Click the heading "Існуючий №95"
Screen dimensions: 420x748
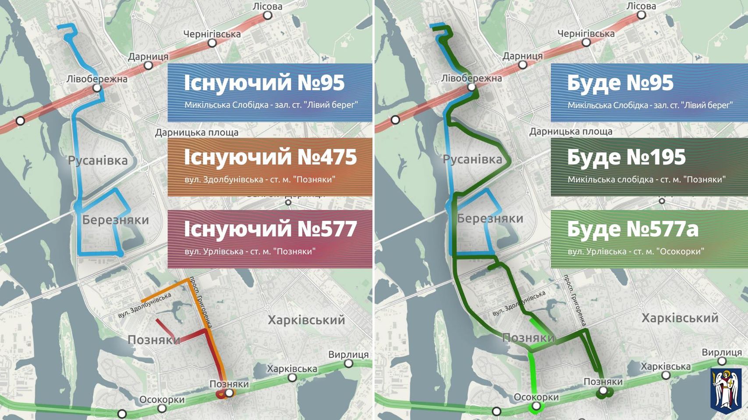264,83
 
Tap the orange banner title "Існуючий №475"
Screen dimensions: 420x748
270,157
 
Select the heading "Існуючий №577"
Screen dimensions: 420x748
270,229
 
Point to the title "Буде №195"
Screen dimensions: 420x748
626,157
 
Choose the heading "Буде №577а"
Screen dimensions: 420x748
632,229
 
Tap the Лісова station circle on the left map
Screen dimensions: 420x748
267,16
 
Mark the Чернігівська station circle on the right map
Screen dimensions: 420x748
586,42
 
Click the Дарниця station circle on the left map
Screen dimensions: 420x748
149,66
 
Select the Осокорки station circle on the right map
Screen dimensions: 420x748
536,406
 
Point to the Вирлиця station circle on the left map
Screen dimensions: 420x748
349,364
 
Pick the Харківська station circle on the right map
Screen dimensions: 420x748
666,375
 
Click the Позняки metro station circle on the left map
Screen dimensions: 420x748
229,393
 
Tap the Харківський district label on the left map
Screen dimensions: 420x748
306,320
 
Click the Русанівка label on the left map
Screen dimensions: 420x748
98,161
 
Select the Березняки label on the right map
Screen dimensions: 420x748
490,218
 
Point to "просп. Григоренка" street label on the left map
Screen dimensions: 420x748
202,302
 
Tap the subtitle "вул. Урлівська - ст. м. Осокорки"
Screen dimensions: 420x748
636,252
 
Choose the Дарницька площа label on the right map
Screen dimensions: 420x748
571,131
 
